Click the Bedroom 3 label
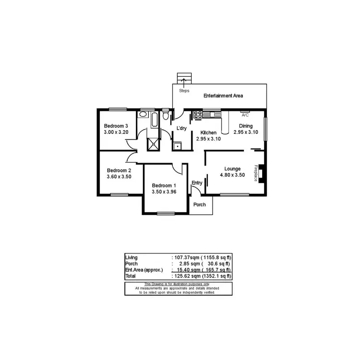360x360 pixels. point(116,126)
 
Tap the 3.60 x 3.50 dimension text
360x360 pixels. point(119,177)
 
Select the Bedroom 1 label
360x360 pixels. point(164,186)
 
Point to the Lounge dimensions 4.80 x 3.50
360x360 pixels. point(232,175)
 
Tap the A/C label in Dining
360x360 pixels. point(245,115)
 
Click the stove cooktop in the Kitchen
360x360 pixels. point(197,115)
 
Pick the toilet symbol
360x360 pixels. point(166,115)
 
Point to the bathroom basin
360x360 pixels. point(143,115)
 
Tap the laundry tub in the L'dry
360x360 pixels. point(177,145)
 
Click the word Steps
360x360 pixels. point(184,91)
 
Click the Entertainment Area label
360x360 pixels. point(223,96)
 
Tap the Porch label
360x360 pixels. point(199,204)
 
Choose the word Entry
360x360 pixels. point(197,182)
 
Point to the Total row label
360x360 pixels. point(131,276)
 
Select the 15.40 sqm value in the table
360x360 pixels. point(185,270)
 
